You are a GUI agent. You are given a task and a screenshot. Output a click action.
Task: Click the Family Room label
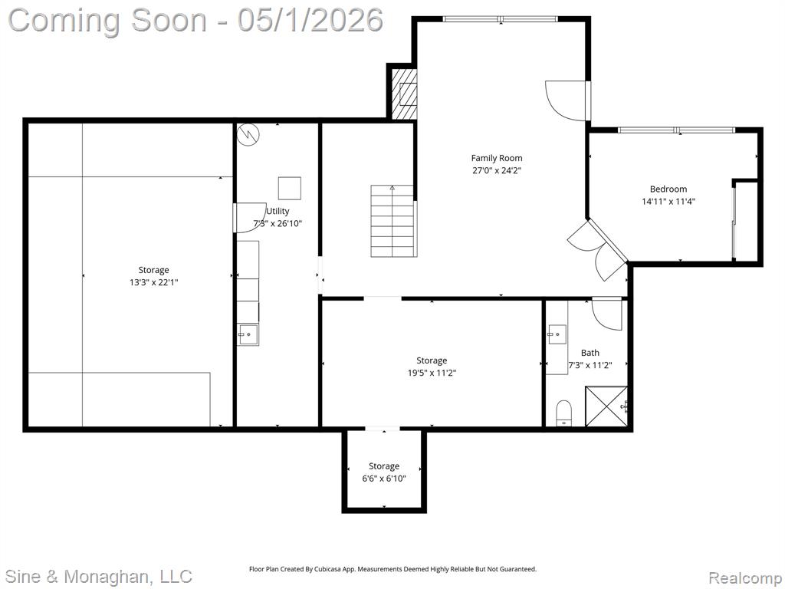[497, 158]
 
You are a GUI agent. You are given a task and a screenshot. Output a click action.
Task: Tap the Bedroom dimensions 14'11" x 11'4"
[668, 202]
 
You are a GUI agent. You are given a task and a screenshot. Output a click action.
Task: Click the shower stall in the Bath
[606, 406]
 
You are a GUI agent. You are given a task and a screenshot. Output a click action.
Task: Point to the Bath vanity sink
[557, 334]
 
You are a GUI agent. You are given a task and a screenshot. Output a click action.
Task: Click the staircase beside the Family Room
[393, 221]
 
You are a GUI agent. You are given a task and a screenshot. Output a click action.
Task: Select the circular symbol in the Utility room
[248, 134]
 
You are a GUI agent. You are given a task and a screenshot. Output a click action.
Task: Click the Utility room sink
[248, 334]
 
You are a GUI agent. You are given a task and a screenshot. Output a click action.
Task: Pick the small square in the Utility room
[290, 188]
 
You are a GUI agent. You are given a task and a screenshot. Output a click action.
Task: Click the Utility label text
[278, 211]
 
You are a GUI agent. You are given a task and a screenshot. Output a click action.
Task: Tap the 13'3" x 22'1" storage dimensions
[153, 282]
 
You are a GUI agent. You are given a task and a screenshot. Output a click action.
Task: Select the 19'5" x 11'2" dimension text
[432, 373]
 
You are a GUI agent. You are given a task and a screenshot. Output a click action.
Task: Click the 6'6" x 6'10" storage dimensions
[384, 479]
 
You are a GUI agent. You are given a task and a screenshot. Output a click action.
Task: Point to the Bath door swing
[607, 314]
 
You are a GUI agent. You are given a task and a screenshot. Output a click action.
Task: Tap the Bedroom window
[676, 130]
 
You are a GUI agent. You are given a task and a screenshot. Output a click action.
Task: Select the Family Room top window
[500, 19]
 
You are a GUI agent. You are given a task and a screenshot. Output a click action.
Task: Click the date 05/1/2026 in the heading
[310, 21]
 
